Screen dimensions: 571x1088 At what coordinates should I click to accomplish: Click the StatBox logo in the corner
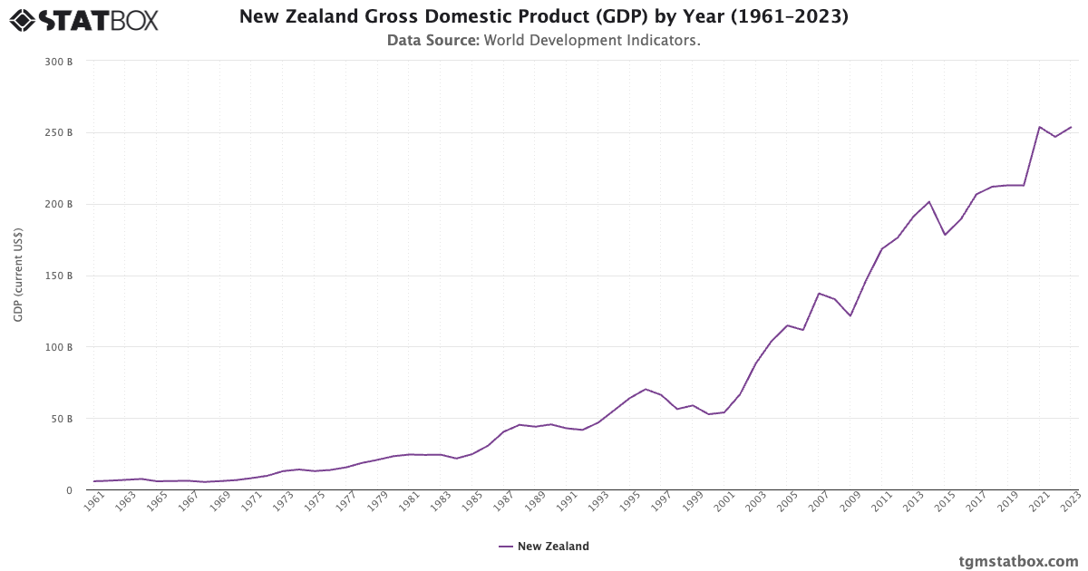click(83, 20)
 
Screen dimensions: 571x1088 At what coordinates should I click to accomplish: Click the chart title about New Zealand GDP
click(544, 16)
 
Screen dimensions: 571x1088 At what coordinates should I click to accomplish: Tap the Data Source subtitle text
click(544, 41)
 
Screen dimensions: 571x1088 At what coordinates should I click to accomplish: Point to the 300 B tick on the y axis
click(59, 62)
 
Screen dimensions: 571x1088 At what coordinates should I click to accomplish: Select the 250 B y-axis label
click(59, 133)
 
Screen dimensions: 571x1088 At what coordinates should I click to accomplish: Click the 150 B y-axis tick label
click(59, 276)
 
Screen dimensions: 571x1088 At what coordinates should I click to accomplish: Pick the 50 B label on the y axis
click(62, 419)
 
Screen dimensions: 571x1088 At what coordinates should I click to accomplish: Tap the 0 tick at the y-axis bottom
click(68, 490)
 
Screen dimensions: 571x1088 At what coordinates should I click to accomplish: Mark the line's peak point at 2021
click(1039, 127)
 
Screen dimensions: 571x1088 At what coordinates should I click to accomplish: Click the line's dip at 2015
click(945, 235)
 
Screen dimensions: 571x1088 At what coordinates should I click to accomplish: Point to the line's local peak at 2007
click(819, 293)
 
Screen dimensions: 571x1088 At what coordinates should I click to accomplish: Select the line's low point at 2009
click(850, 315)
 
